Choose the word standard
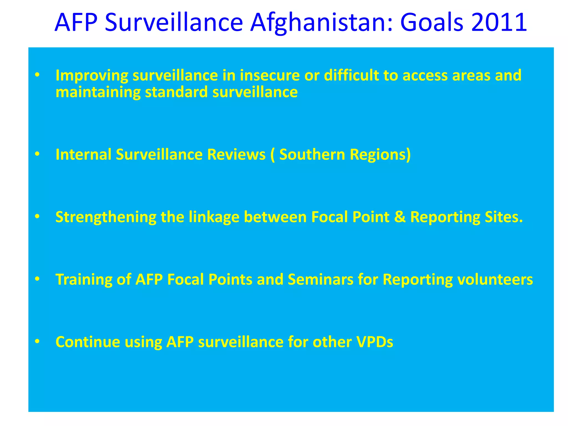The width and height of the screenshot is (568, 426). point(176,92)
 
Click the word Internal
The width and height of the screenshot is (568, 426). point(83,154)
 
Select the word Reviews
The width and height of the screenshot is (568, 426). point(236,154)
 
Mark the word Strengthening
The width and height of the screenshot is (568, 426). point(106,217)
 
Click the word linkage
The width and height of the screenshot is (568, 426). point(214,217)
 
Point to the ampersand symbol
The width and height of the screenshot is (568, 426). point(400,217)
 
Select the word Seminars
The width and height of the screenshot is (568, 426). point(320,279)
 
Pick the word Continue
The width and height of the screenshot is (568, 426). point(88,342)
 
